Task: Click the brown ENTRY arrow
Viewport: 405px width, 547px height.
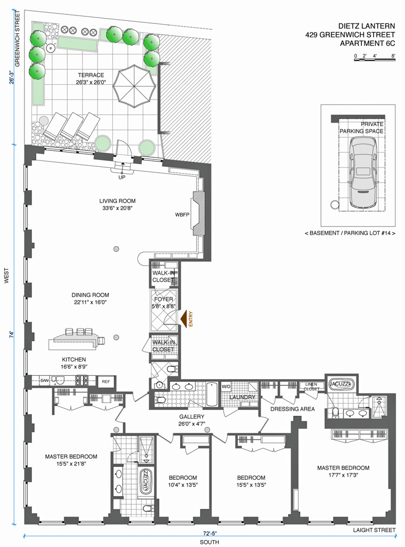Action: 183,318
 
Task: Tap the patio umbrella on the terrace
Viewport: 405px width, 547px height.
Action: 134,87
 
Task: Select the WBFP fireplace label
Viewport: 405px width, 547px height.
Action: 182,214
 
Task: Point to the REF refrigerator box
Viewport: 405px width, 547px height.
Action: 106,382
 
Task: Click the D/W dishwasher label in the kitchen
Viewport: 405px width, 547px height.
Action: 44,381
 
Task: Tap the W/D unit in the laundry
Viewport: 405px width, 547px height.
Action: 226,387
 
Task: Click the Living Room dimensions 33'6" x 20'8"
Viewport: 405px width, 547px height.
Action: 117,208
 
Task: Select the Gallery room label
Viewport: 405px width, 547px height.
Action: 191,416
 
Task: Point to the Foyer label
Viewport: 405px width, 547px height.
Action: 163,299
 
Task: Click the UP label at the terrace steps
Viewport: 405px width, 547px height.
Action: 122,177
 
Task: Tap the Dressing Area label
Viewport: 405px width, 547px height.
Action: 293,409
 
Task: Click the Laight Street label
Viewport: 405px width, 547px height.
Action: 374,530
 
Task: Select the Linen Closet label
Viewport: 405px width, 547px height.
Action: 311,387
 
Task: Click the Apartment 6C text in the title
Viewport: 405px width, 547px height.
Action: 367,43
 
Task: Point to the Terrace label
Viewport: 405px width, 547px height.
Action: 91,75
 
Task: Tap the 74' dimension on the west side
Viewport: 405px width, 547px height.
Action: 12,335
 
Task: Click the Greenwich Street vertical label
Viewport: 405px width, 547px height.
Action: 18,38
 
